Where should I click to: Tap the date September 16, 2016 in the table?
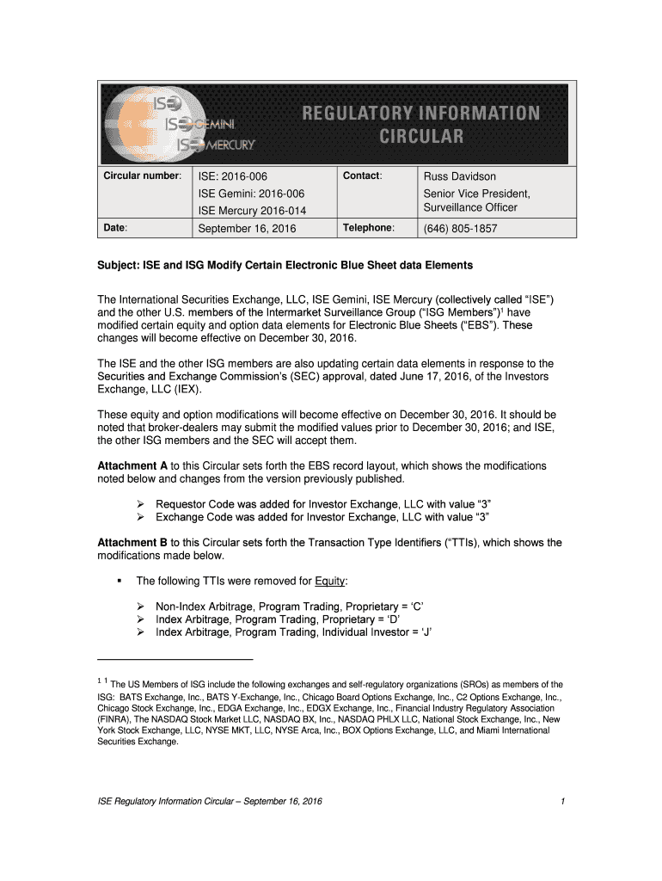(247, 229)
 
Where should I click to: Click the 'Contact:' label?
(362, 176)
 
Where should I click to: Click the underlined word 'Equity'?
(329, 581)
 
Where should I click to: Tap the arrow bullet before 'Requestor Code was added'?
(142, 503)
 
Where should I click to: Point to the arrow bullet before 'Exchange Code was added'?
(142, 517)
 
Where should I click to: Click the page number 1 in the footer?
(561, 802)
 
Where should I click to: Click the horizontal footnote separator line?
(175, 659)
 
